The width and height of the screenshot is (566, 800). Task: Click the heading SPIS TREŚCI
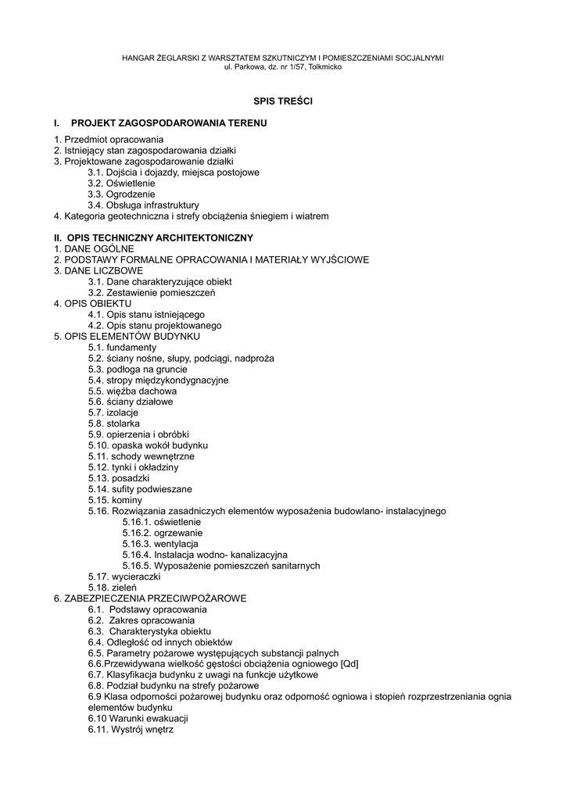coord(282,101)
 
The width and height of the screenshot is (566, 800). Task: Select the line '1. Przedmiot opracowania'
coord(103,139)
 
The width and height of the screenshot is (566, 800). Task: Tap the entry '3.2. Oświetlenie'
coord(121,183)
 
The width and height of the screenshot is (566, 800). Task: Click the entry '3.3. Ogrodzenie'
coord(121,194)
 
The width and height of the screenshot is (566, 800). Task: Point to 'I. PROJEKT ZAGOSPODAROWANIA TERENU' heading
coord(160,123)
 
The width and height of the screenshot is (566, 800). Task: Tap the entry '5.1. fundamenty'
coord(122,347)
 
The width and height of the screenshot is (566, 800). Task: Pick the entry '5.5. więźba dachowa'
coord(132,391)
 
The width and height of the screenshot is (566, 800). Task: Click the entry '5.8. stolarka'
coord(114,423)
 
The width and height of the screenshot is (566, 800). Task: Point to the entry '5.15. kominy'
coord(115,500)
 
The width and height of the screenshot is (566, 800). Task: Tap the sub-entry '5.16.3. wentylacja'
coord(160,544)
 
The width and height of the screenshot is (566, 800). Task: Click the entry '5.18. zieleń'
coord(113,587)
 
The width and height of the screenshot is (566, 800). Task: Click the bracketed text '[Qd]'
coord(349,664)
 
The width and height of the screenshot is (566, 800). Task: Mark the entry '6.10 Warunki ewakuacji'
coord(138,719)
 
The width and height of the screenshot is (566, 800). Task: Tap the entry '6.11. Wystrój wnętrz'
coord(131,730)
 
